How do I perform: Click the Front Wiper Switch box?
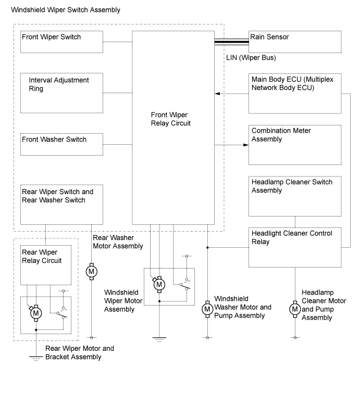(61, 42)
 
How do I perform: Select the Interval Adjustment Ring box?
(61, 93)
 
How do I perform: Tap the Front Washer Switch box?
(61, 144)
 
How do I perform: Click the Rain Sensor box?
(295, 42)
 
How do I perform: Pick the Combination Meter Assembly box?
(295, 144)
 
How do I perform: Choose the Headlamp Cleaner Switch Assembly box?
(295, 196)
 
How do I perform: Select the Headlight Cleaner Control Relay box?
(295, 246)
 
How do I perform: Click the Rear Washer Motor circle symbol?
(92, 271)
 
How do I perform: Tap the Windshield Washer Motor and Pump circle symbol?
(207, 309)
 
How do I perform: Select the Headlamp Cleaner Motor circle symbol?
(295, 309)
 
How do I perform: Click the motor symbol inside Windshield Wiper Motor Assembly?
(159, 285)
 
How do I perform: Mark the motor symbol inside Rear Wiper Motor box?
(36, 313)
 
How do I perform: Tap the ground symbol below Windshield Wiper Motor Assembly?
(159, 339)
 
